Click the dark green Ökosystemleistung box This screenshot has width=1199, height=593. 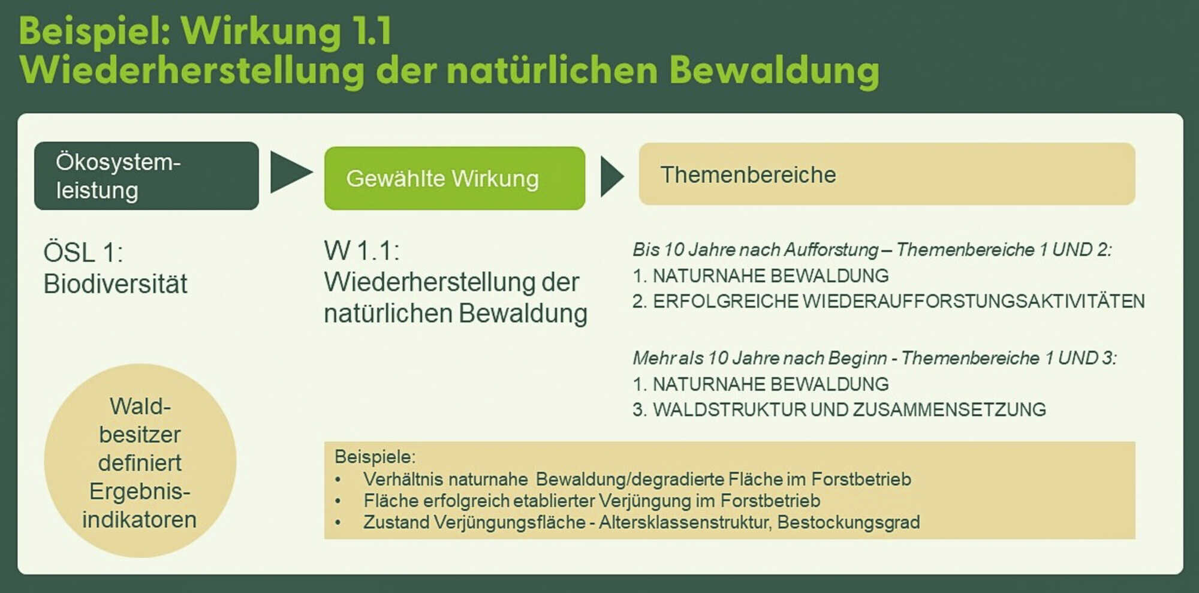146,176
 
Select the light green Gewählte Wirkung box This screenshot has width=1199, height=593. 454,178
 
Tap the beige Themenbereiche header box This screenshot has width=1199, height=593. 887,174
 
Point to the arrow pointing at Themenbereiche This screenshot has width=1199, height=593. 612,177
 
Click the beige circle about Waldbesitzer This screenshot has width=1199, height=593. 140,460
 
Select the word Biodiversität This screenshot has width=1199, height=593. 115,284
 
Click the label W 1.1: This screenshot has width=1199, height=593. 361,251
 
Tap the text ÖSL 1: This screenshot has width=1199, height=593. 83,252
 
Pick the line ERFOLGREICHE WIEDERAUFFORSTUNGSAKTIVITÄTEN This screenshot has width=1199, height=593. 899,301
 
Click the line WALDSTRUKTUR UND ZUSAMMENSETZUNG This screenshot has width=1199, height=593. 849,410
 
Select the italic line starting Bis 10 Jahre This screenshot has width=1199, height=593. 872,249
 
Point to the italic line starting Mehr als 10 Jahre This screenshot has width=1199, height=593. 875,358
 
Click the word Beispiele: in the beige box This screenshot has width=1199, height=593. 375,457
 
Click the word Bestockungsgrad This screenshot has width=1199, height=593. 848,522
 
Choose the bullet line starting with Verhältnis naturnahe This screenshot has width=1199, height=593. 637,479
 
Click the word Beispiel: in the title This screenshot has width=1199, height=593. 95,31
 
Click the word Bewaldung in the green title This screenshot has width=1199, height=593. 774,71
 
